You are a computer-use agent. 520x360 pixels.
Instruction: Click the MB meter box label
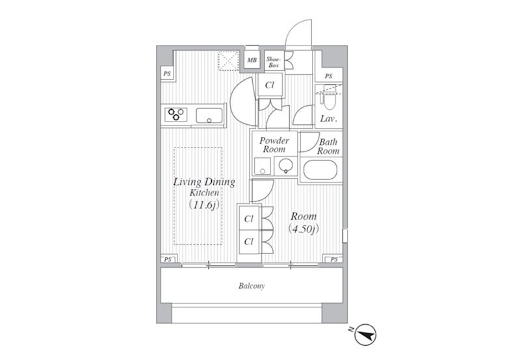(252, 60)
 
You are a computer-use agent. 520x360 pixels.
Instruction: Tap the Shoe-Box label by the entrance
(274, 62)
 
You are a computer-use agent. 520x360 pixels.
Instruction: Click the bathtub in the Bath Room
(320, 170)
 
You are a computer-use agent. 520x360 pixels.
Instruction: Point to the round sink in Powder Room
(285, 165)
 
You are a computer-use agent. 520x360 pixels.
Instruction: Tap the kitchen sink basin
(209, 116)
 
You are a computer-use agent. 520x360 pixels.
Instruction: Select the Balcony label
(252, 286)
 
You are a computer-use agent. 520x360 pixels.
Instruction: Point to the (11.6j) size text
(204, 205)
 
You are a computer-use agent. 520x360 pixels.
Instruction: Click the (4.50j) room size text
(304, 229)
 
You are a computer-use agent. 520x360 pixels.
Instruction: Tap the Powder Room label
(274, 145)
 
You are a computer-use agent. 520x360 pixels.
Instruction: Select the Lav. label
(329, 119)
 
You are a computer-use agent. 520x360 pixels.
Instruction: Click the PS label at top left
(167, 73)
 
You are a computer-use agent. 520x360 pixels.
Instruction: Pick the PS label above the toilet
(328, 76)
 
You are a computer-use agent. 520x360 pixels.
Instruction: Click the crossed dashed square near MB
(229, 60)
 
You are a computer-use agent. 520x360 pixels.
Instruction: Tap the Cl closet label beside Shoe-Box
(270, 85)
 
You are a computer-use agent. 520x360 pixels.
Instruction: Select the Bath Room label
(328, 146)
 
